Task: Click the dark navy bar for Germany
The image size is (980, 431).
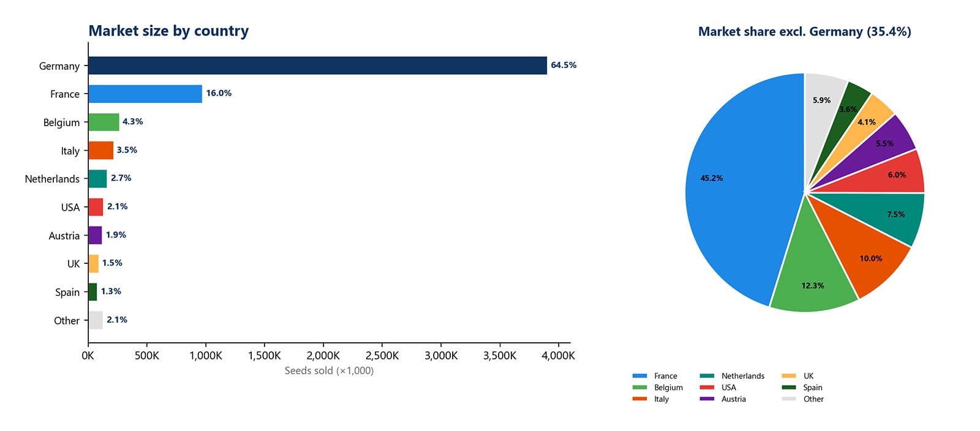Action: coord(317,66)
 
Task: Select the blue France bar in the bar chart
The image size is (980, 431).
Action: coord(145,94)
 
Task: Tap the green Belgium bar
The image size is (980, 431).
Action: coord(104,122)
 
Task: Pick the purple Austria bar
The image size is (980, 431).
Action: coord(95,235)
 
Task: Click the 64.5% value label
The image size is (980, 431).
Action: coord(563,65)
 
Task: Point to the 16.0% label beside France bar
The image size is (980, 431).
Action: coord(219,93)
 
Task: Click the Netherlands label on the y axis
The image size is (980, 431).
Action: coord(52,179)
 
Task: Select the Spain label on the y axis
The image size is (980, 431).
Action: coord(67,292)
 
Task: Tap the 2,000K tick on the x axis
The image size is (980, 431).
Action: coord(323,356)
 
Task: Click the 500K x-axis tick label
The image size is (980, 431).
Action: coord(146,356)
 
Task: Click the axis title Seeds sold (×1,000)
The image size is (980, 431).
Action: coord(329,370)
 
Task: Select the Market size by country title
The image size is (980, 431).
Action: coord(168,31)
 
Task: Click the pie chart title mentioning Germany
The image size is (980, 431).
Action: coord(804,31)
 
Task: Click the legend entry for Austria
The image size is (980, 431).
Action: coord(733,399)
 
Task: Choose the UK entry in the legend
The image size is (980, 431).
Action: coord(808,376)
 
